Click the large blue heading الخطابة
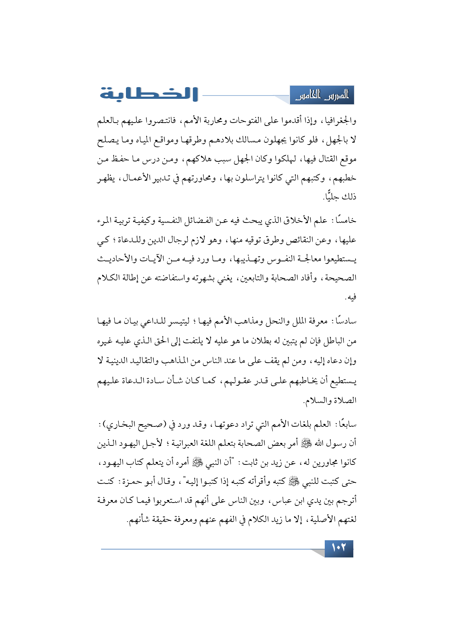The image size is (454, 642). tap(149, 94)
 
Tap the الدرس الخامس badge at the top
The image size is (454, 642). tap(322, 96)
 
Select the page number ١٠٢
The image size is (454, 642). tap(339, 548)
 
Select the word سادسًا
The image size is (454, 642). tap(345, 321)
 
